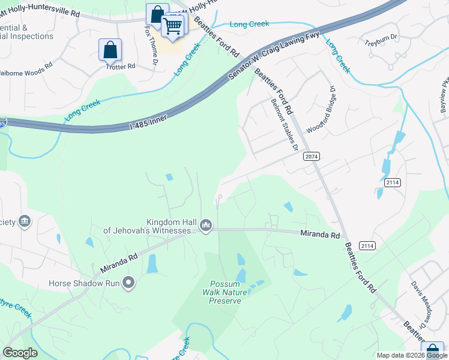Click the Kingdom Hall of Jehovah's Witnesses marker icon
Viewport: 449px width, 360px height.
(206, 225)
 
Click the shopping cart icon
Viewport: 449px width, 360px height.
(172, 26)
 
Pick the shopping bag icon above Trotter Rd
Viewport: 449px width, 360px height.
(110, 50)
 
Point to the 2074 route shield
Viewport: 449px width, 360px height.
(311, 157)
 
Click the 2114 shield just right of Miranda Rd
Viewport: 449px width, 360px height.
(367, 246)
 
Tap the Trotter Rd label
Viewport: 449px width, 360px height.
(119, 67)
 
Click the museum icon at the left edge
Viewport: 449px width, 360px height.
(25, 221)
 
